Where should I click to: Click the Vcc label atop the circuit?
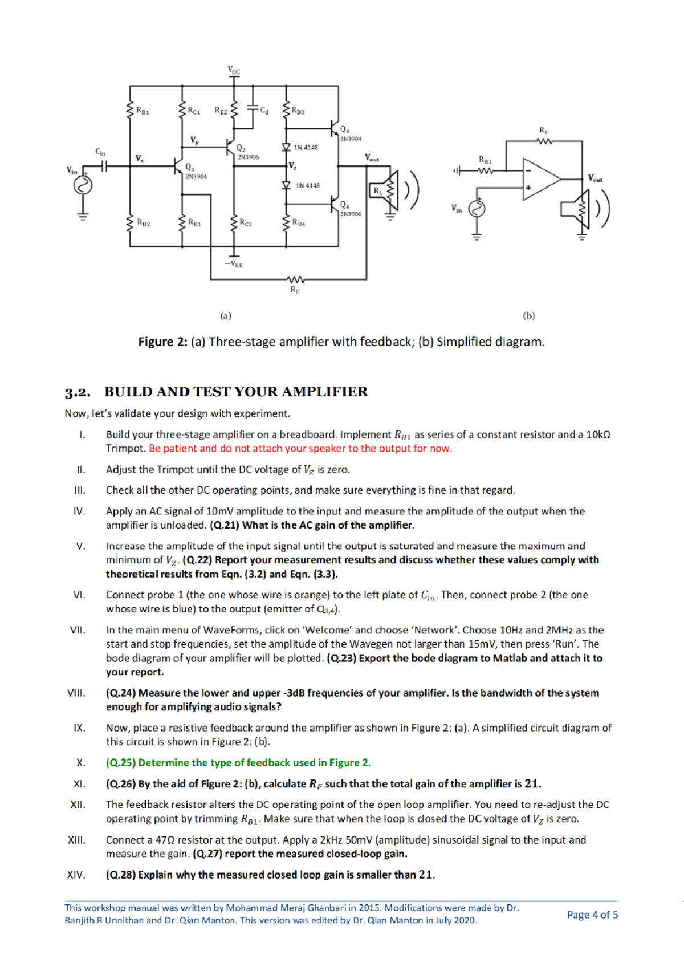point(234,71)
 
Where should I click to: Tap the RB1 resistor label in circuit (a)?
point(142,111)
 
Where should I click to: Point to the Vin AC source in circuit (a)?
point(83,185)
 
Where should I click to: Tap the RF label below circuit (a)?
point(295,290)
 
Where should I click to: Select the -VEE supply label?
point(234,265)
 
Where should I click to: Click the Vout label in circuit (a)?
point(372,157)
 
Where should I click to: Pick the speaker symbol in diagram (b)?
point(575,209)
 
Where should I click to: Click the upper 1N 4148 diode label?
point(306,147)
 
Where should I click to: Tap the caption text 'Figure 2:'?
point(162,342)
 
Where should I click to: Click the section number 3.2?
point(78,392)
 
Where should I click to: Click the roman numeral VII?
point(78,630)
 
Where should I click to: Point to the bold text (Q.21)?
point(224,525)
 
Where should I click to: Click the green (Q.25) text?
point(120,763)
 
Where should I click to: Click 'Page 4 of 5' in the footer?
point(592,915)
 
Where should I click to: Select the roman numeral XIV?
point(76,875)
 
